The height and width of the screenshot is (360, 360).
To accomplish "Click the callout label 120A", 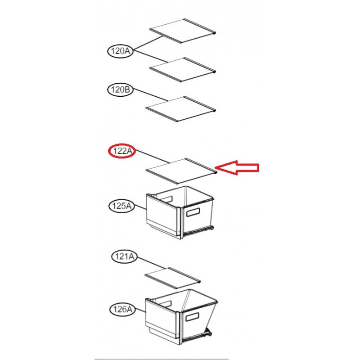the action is (121, 51).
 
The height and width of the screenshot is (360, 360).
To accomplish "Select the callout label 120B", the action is (120, 90).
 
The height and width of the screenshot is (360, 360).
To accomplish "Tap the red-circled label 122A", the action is (122, 151).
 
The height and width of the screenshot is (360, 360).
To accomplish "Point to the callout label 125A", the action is (121, 206).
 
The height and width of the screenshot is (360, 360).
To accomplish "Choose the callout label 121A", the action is (125, 256).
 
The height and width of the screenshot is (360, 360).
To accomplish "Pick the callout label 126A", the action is (122, 309).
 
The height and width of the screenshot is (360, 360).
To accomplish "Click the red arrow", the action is (237, 167).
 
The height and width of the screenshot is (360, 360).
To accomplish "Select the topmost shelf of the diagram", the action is (183, 31).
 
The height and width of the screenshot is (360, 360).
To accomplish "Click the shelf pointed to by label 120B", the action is (181, 109).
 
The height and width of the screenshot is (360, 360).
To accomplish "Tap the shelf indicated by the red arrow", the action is (181, 171).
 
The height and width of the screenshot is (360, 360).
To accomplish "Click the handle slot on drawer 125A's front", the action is (193, 212).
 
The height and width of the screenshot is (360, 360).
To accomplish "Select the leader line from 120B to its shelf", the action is (151, 95).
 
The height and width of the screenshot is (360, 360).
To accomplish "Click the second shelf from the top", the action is (183, 70).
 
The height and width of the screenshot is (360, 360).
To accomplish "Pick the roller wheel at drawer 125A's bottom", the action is (211, 228).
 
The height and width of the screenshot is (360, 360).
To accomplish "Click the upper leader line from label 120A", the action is (148, 43).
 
